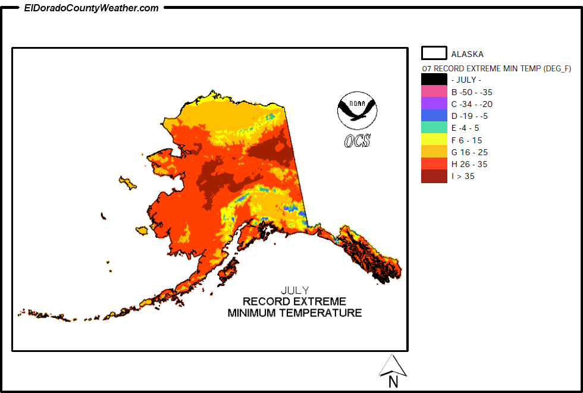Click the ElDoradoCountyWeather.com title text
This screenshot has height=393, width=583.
(x=91, y=8)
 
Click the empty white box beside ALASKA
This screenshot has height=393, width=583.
(x=434, y=53)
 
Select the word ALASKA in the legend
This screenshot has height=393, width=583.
(x=467, y=54)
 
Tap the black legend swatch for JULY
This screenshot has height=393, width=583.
(x=434, y=80)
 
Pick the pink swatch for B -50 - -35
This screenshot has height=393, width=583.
(x=434, y=92)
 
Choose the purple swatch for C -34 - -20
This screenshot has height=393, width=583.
(x=434, y=104)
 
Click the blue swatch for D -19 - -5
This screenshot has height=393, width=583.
(x=434, y=116)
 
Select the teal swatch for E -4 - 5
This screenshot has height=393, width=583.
(x=434, y=128)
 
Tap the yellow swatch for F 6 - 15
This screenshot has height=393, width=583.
(x=434, y=140)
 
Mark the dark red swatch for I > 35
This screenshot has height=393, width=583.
(x=434, y=177)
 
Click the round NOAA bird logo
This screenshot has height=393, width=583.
(x=357, y=110)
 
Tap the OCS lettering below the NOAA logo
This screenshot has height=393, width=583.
(x=357, y=141)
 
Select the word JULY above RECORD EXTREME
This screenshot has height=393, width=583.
(x=294, y=291)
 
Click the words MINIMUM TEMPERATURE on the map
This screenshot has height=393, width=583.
(x=294, y=313)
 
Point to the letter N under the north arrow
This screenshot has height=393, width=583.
(x=393, y=383)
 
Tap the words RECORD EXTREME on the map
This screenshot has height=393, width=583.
(x=294, y=301)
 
